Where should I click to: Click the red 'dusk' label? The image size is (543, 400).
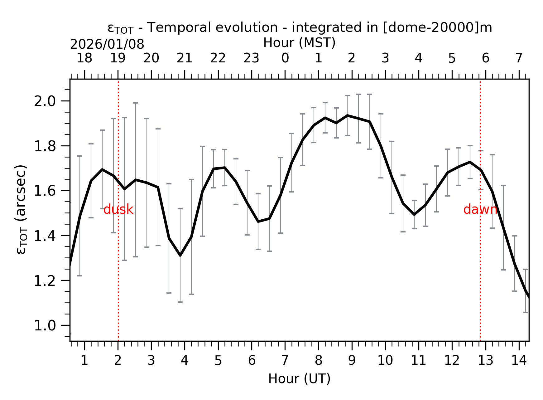118,209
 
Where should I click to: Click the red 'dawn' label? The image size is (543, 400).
480,209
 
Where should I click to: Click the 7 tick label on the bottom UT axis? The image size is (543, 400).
285,361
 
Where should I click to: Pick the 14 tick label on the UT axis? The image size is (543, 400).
519,361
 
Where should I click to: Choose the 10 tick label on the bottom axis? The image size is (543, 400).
385,361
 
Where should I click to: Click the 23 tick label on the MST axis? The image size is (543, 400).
251,58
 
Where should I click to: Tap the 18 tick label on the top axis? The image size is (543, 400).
84,58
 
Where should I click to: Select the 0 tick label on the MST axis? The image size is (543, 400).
285,58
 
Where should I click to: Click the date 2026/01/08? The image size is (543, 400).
107,45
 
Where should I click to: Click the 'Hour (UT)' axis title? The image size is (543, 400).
299,379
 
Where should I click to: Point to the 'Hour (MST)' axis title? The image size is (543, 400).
299,43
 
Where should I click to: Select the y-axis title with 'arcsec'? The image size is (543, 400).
21,209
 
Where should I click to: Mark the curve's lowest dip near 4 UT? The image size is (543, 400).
180,255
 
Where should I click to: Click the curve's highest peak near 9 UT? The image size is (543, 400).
347,115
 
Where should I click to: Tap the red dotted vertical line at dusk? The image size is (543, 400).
118,281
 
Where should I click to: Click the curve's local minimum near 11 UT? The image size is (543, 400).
414,214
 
